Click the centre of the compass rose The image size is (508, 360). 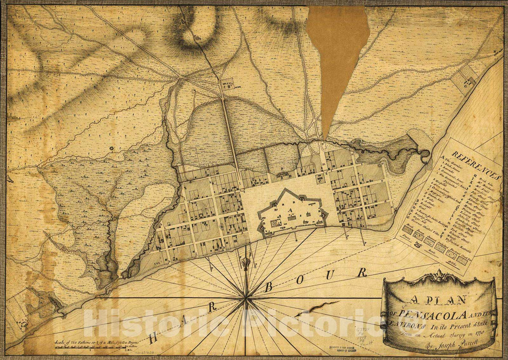[246, 298]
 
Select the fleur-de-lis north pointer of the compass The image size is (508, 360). [246, 264]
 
